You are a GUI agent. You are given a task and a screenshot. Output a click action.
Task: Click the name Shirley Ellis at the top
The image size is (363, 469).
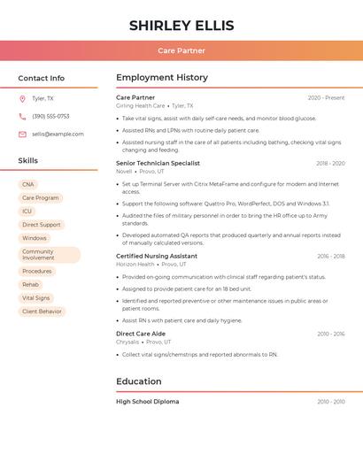181,25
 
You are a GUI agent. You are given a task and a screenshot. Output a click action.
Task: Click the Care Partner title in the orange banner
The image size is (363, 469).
181,50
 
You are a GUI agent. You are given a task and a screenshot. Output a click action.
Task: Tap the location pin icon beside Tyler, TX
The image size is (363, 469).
22,99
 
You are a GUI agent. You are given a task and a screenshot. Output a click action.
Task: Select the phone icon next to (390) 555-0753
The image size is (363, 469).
22,116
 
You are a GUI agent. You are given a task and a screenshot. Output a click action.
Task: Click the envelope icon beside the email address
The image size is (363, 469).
22,134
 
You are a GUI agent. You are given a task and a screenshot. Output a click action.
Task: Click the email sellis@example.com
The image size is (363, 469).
58,134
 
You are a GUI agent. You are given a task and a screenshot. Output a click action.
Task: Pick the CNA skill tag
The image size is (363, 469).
28,184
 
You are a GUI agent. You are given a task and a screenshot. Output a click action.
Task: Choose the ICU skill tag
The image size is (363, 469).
27,211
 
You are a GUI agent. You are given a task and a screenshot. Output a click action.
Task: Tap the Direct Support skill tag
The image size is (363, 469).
42,225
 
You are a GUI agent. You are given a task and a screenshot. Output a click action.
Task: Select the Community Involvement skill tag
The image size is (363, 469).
49,255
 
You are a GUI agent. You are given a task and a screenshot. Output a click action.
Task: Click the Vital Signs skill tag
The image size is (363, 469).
36,298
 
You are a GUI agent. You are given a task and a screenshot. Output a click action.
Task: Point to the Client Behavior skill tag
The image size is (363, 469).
42,311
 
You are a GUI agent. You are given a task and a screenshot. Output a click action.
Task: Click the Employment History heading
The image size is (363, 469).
162,78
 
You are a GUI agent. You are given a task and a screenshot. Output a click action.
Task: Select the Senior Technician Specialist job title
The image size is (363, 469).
158,163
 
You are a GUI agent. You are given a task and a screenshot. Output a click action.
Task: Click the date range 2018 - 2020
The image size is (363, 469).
330,164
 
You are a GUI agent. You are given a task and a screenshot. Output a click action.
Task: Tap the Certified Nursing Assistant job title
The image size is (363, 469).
157,256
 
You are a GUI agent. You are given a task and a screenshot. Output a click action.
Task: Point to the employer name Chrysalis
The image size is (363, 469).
127,342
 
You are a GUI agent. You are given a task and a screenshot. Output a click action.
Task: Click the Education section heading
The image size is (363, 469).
139,382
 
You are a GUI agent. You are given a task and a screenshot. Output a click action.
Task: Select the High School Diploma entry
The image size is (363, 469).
147,402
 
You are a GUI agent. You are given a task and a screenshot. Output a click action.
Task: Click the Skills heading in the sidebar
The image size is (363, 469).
28,161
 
